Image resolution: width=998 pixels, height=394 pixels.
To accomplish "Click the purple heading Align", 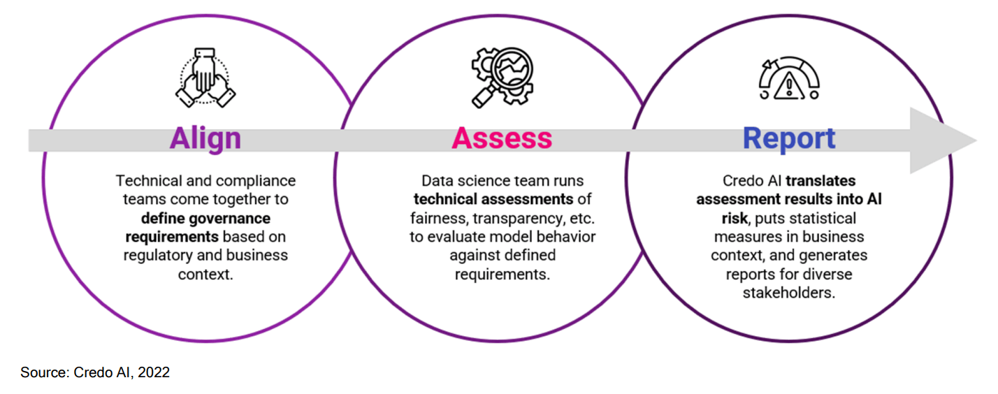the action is [205, 139].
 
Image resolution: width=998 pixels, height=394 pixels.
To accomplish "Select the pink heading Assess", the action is [502, 138].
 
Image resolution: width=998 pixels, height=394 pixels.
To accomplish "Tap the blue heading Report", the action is [789, 139].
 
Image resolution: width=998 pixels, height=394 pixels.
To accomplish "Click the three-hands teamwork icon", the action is [205, 78].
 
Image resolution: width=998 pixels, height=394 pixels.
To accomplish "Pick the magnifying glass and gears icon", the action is [502, 78].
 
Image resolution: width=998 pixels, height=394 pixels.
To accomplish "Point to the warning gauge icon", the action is [789, 78].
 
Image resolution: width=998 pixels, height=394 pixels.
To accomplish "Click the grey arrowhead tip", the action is [977, 140].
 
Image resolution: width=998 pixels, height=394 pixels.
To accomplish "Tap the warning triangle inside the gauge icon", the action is [789, 85].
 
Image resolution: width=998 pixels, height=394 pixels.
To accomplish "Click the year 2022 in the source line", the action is [154, 372].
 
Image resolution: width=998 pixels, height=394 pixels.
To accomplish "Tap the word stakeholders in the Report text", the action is [789, 293].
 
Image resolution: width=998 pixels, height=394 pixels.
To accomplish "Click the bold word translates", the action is [820, 181].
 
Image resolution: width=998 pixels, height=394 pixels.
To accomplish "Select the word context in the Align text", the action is [205, 275].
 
